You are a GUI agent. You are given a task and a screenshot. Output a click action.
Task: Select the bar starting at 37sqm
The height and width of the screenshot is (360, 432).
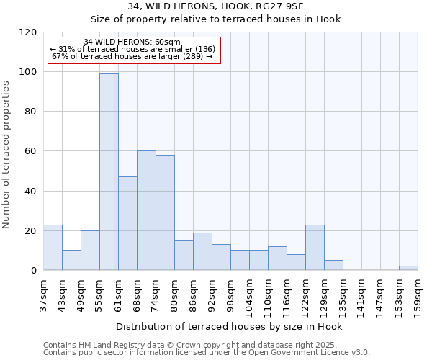53,248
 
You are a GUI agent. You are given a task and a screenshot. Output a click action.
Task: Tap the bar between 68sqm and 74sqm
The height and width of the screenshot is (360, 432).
146,210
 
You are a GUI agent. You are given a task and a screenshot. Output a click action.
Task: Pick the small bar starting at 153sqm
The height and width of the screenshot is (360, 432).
408,268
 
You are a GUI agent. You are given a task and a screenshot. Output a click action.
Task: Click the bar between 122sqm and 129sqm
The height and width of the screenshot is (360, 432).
315,248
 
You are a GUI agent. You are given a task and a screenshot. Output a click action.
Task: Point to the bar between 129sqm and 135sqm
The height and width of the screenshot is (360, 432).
333,265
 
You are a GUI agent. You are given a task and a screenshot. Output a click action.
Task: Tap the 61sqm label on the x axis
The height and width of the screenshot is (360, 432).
119,292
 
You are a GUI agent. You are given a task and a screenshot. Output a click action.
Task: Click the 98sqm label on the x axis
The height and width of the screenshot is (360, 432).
231,292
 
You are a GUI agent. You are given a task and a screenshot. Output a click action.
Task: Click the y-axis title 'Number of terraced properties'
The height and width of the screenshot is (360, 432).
6,155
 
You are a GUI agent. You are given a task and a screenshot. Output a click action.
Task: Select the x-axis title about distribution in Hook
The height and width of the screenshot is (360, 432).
229,326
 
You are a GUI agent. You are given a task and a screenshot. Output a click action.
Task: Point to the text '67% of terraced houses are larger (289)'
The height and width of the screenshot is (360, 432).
132,56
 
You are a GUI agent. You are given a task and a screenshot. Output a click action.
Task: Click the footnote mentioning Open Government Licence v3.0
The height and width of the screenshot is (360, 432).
207,353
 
